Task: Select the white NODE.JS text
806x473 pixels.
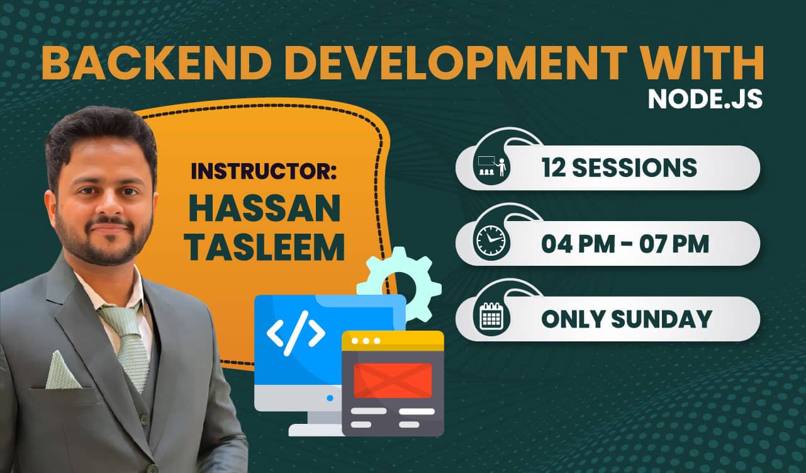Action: tap(705, 99)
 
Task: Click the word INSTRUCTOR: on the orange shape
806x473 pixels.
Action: tap(264, 171)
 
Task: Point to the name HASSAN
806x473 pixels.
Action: tap(265, 208)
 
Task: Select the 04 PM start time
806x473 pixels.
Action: tap(578, 244)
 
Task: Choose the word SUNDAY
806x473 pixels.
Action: tap(661, 319)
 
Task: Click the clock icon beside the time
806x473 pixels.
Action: tap(491, 241)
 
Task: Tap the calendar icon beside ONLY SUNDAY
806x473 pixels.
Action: tap(491, 316)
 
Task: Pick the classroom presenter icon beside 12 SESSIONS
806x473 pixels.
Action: tap(491, 166)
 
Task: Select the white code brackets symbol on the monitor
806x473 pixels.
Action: tap(296, 333)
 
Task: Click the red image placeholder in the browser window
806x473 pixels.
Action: tap(393, 380)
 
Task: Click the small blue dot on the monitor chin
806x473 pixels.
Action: tap(330, 398)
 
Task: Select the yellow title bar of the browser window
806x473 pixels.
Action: tap(393, 341)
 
